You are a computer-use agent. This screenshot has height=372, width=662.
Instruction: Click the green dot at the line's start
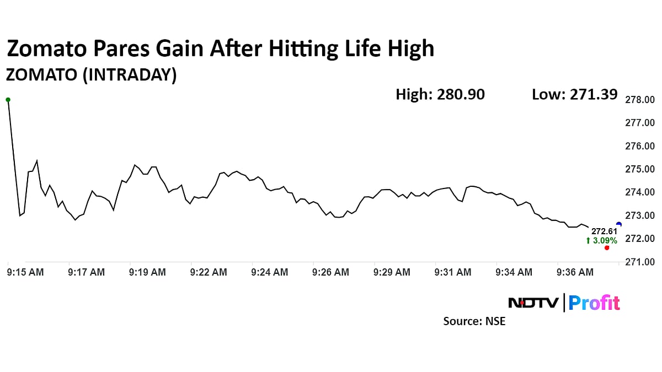tap(8, 100)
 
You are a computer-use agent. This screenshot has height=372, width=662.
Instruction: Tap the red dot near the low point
tap(607, 247)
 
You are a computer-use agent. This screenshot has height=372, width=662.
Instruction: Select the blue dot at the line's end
tap(618, 224)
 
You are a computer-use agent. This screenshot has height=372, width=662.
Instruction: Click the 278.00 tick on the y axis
tap(639, 100)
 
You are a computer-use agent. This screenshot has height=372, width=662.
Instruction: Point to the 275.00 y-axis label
tap(639, 169)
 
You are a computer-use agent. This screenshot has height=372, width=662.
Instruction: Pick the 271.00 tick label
tap(639, 262)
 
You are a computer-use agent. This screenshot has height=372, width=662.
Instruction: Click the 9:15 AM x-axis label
tap(25, 272)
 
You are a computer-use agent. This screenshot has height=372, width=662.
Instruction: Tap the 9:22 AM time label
tap(208, 272)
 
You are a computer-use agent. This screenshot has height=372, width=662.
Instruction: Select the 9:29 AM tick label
tap(392, 272)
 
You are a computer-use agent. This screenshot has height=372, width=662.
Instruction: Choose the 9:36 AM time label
tap(575, 272)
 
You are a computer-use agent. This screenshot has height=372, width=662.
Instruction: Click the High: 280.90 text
tap(440, 95)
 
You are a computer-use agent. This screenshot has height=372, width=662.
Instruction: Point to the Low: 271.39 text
tap(574, 95)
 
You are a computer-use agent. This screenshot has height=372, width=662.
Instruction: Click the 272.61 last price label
tap(604, 231)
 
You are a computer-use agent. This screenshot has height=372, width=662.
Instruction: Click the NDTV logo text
tap(533, 303)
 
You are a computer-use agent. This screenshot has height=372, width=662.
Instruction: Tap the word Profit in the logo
tap(594, 303)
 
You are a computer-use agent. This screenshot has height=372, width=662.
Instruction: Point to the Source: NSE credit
tap(474, 321)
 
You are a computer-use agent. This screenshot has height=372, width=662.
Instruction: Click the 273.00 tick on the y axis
tap(639, 215)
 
